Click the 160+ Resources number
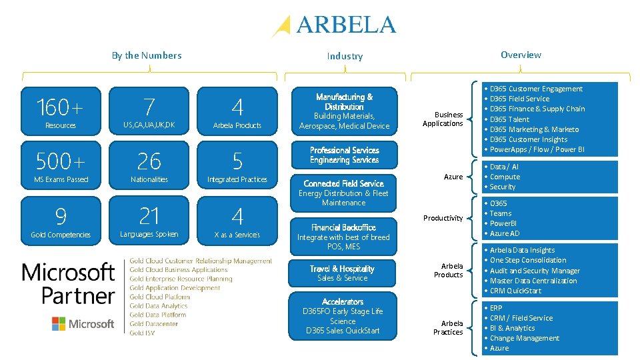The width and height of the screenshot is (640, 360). (x=61, y=107)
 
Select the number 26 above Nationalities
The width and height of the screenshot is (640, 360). (x=149, y=161)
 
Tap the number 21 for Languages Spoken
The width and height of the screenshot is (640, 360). (x=149, y=215)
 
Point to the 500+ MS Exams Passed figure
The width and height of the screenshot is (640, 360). (x=61, y=161)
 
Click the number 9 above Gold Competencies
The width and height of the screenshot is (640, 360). (x=61, y=216)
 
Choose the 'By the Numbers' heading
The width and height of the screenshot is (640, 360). (x=147, y=55)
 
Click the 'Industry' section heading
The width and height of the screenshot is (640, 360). (x=345, y=56)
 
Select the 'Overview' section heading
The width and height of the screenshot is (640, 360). (x=521, y=55)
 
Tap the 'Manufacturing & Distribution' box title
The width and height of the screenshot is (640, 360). (x=344, y=101)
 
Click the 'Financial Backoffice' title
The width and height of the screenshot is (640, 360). (x=343, y=227)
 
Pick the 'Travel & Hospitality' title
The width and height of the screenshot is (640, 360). (x=343, y=269)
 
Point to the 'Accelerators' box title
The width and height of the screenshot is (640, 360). (x=343, y=301)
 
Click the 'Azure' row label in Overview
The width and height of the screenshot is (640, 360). (x=453, y=177)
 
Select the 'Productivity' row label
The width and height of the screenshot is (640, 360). (x=443, y=218)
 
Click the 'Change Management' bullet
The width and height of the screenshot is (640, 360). (x=525, y=338)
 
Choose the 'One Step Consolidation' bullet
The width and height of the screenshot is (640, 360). (x=528, y=260)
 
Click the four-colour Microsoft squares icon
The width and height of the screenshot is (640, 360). (x=59, y=324)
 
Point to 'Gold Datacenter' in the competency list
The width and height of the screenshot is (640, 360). (x=154, y=324)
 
